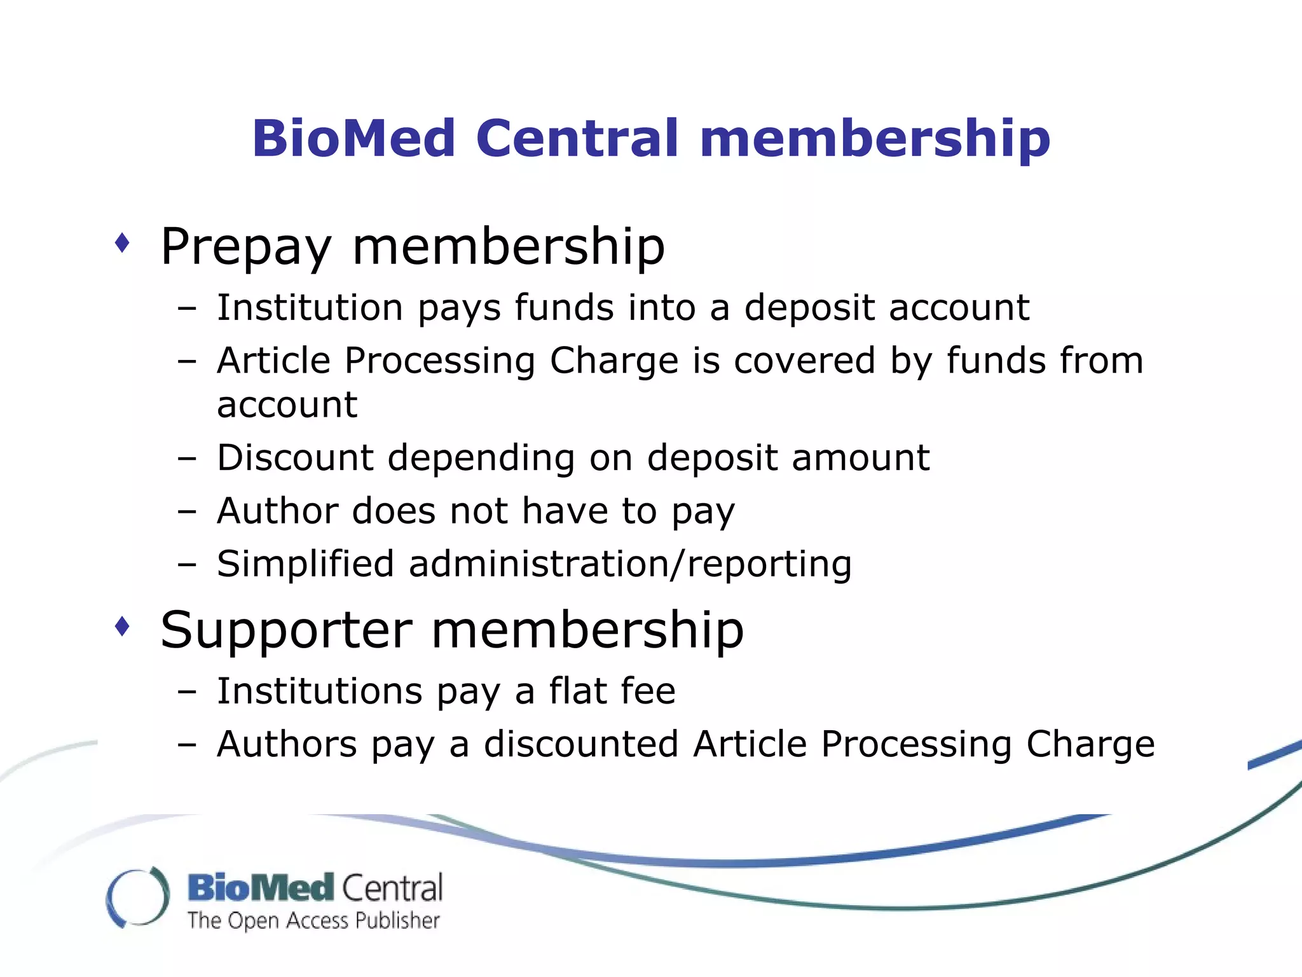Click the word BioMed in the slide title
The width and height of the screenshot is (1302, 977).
354,139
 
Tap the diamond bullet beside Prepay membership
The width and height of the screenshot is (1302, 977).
122,243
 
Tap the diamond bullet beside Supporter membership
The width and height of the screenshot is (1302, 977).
122,627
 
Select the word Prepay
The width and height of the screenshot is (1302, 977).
246,247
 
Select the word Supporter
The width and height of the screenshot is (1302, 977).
286,631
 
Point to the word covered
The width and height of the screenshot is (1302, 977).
804,361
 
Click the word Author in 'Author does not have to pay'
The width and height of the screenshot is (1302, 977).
277,511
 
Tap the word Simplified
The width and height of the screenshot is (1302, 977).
305,565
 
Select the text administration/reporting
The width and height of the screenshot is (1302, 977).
629,565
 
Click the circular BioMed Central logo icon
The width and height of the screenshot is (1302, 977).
138,897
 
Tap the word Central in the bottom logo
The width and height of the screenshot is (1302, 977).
392,889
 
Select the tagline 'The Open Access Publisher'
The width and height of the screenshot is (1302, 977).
313,921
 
